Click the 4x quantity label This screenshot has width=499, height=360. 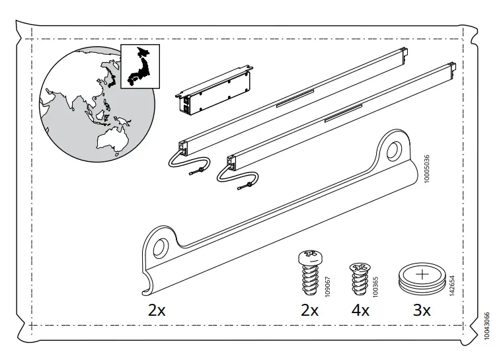coord(360,310)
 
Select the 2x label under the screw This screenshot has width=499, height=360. coord(309,310)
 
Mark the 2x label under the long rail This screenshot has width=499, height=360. coord(156,310)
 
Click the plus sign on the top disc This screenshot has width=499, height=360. coord(422,271)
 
